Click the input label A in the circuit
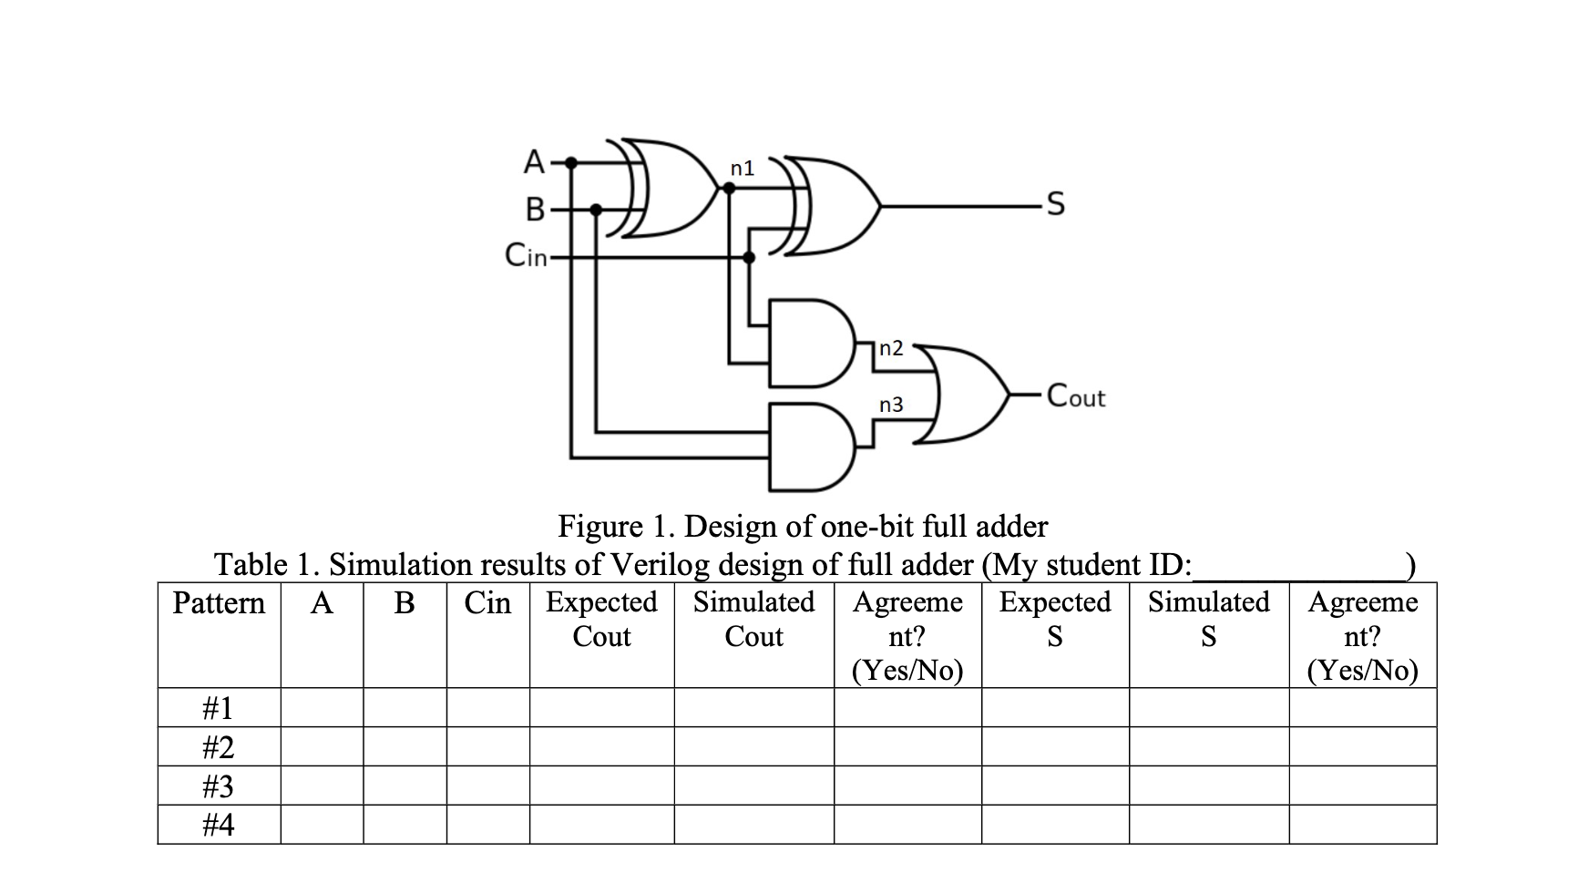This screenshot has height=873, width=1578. [x=534, y=162]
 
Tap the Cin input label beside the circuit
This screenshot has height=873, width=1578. [x=526, y=256]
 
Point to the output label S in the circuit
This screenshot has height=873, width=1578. [x=1054, y=205]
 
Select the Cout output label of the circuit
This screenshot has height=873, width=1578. [x=1076, y=396]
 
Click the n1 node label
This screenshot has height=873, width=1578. [x=743, y=168]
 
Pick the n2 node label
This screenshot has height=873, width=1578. [x=891, y=348]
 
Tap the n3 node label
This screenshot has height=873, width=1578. [x=890, y=405]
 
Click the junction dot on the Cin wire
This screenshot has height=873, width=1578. [x=749, y=258]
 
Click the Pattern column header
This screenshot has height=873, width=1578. [x=219, y=603]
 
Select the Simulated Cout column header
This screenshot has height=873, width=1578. [x=753, y=619]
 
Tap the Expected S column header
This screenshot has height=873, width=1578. [x=1054, y=619]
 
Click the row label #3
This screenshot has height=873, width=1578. [x=218, y=786]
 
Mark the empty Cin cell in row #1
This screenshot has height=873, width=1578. [x=487, y=707]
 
